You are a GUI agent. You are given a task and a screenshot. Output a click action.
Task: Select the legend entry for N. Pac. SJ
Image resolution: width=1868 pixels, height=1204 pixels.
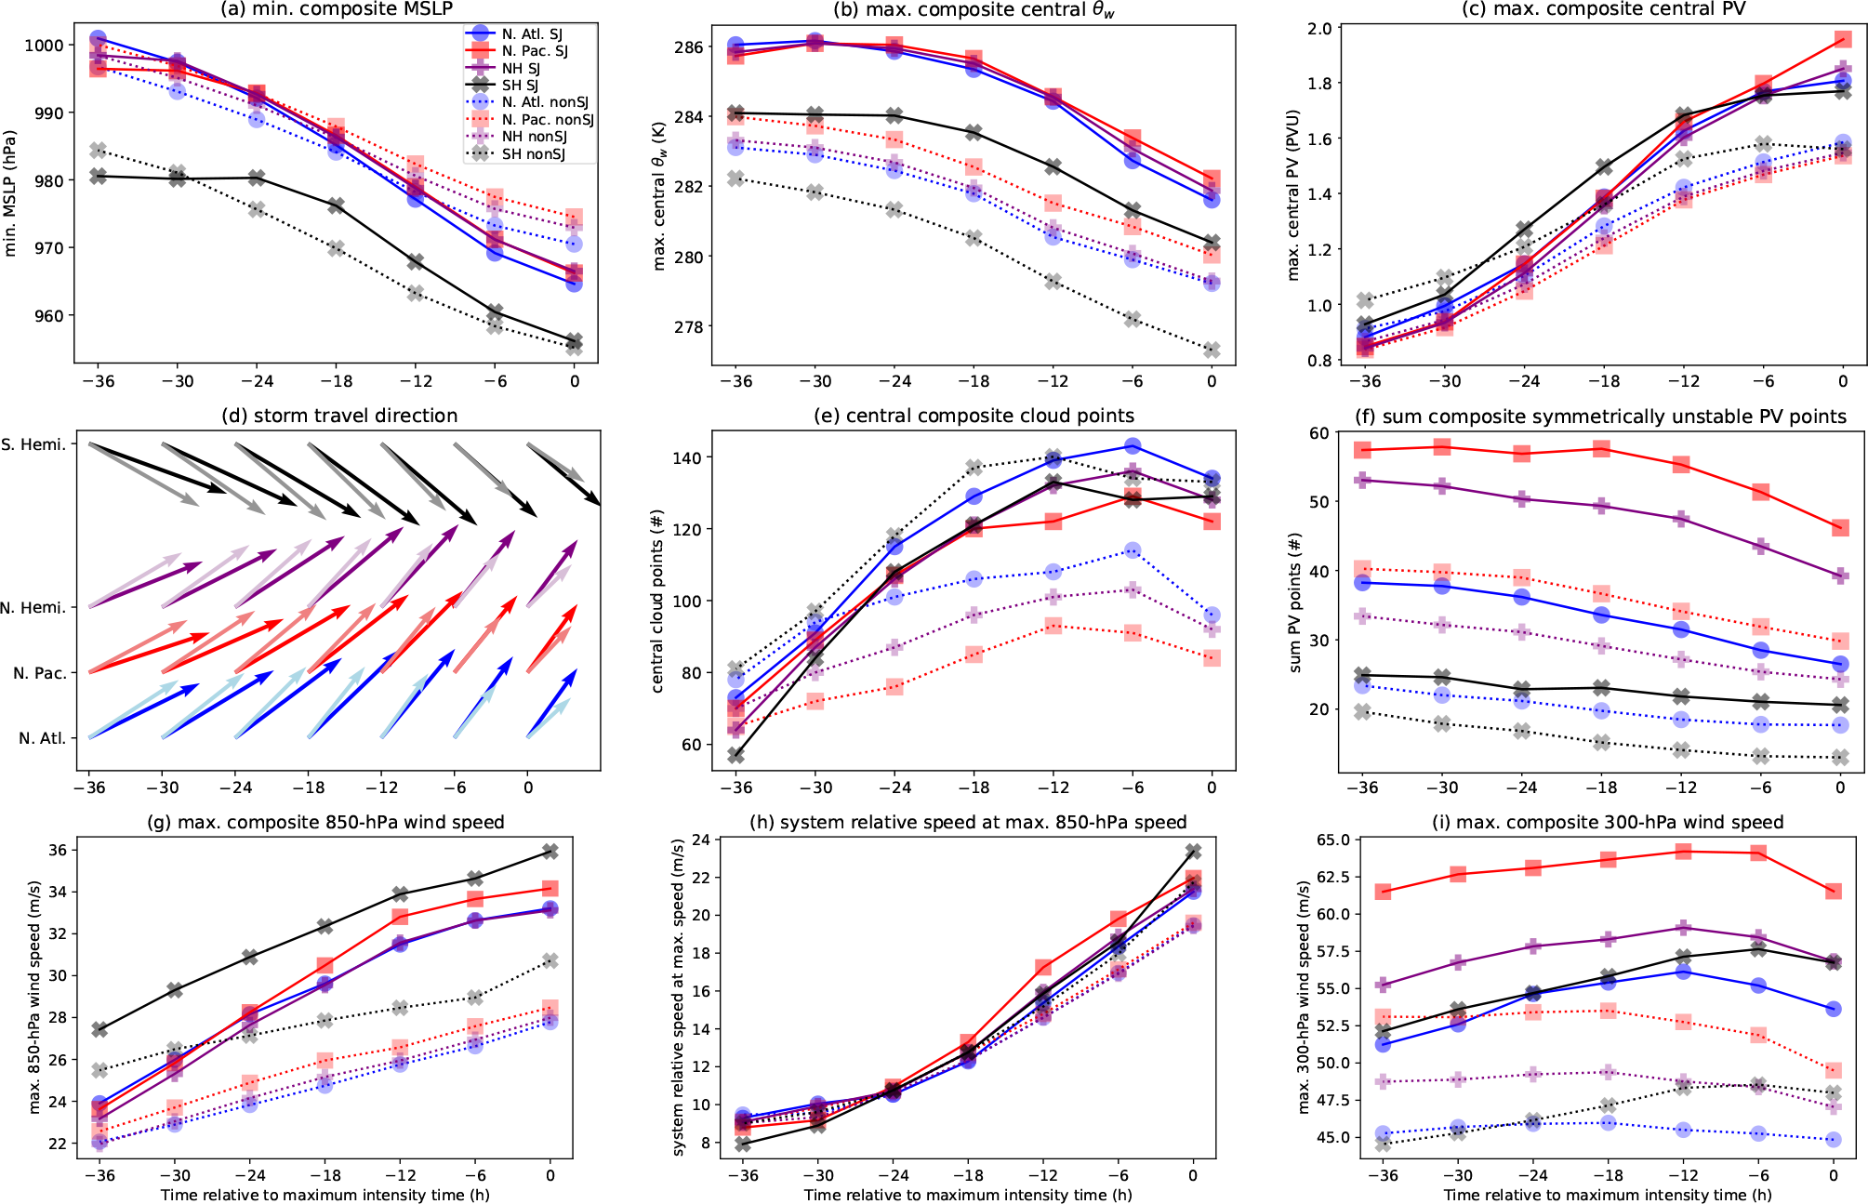pos(534,51)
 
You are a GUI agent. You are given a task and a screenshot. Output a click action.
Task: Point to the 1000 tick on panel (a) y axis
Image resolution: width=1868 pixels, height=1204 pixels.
pos(44,46)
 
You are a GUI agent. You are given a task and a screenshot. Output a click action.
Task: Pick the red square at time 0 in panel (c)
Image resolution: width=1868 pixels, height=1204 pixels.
pos(1843,40)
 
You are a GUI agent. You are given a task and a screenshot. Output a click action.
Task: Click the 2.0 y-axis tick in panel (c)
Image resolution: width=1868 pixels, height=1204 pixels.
pos(1318,28)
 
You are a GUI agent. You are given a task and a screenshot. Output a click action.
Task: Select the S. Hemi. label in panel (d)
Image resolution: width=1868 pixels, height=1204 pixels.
pos(33,444)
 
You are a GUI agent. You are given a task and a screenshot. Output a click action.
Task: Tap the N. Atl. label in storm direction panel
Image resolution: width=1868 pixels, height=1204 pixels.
pos(42,738)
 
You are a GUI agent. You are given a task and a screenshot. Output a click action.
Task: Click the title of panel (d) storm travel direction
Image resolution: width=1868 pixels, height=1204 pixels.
pos(339,416)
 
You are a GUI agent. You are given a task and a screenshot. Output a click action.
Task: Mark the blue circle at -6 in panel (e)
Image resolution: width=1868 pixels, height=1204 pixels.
pos(1132,446)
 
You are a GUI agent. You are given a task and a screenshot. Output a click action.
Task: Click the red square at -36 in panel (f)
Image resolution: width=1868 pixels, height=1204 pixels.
pos(1363,450)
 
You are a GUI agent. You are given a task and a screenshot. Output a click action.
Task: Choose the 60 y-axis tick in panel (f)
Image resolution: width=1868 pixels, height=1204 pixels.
pos(1318,432)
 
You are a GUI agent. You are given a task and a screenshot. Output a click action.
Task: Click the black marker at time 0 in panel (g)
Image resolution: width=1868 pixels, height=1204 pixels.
pos(550,852)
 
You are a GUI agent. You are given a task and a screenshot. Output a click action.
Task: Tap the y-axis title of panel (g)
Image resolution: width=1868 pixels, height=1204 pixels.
pos(35,997)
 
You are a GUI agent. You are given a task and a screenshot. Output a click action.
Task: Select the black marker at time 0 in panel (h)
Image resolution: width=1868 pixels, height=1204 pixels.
pos(1193,852)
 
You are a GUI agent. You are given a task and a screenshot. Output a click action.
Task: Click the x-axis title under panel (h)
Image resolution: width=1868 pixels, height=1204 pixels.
pos(968,1195)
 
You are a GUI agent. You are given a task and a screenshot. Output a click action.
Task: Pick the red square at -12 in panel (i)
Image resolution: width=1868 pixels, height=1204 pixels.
pos(1683,852)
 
